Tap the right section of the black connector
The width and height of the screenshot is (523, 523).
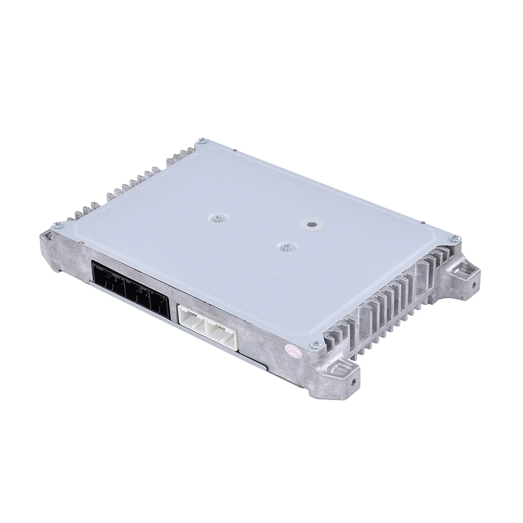coord(159,305)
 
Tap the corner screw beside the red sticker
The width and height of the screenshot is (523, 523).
coord(315,344)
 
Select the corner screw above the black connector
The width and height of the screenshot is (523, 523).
coord(57,225)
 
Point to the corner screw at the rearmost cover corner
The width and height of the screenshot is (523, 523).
coord(202,141)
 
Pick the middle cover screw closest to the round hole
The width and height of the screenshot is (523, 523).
coord(286,246)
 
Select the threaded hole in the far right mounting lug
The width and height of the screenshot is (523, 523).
coord(474,286)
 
